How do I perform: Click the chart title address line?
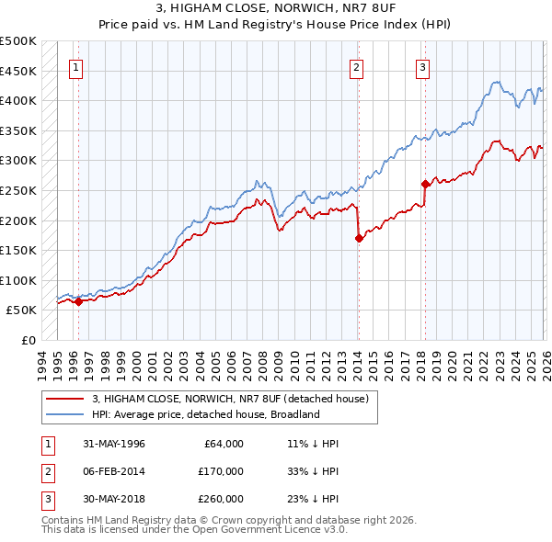(276, 7)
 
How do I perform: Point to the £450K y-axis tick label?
(18, 71)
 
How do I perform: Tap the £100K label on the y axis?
(18, 280)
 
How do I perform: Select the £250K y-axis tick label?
(18, 190)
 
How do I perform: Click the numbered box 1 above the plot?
(75, 66)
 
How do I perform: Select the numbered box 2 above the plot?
(356, 66)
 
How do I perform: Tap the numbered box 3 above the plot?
(422, 66)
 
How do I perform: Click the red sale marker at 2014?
(359, 238)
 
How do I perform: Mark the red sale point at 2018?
(425, 184)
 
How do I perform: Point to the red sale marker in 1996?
(78, 301)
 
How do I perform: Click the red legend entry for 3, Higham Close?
(230, 399)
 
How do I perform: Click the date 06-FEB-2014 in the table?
(113, 471)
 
